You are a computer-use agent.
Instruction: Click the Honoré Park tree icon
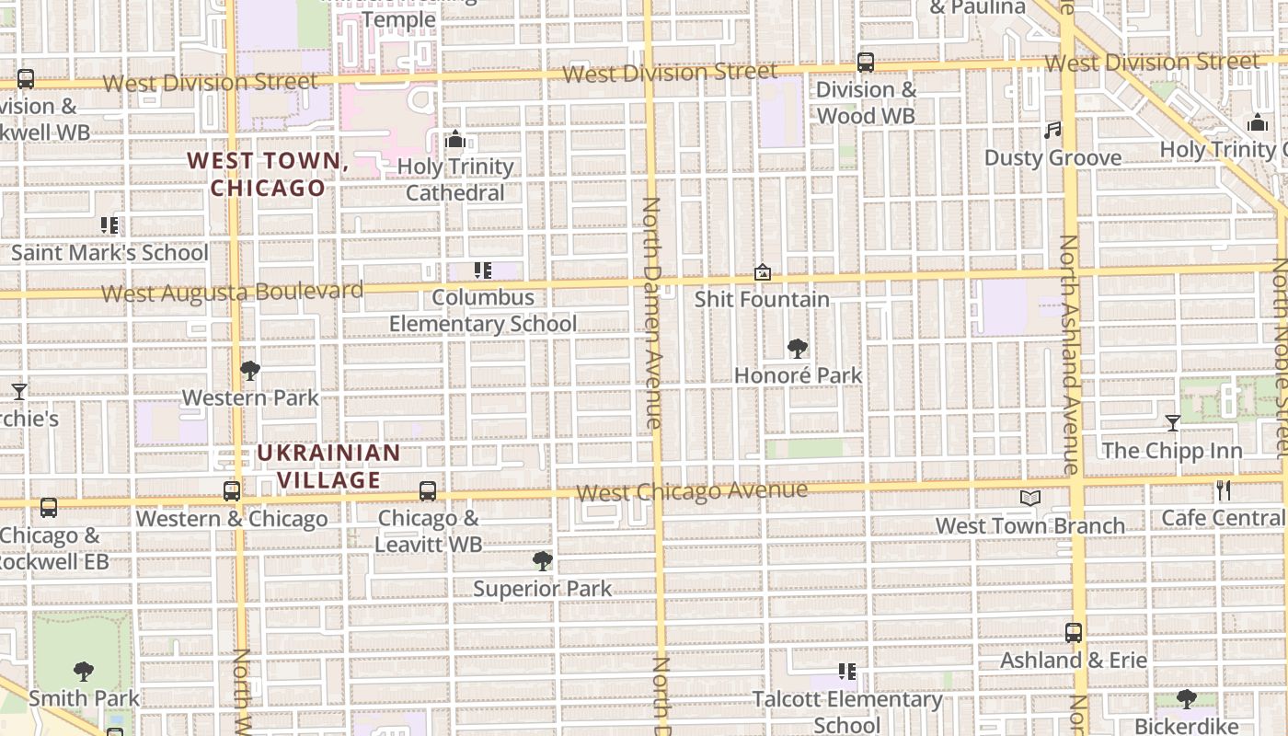pyautogui.click(x=798, y=349)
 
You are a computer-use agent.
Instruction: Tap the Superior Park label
pyautogui.click(x=542, y=589)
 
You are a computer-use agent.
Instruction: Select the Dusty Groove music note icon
pyautogui.click(x=1052, y=131)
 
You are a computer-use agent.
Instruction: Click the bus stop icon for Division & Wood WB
pyautogui.click(x=866, y=63)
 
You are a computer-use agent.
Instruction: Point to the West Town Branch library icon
pyautogui.click(x=1029, y=499)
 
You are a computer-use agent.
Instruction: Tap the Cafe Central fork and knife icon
pyautogui.click(x=1224, y=490)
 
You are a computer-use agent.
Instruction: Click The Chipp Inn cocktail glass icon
pyautogui.click(x=1173, y=423)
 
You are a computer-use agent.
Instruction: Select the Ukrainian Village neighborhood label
pyautogui.click(x=328, y=466)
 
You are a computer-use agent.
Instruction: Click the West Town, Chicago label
pyautogui.click(x=268, y=174)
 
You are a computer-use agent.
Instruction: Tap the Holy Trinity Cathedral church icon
pyautogui.click(x=454, y=140)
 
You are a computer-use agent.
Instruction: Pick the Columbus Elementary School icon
pyautogui.click(x=482, y=270)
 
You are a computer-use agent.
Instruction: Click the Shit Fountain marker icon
pyautogui.click(x=762, y=272)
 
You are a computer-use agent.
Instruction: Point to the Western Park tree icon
pyautogui.click(x=249, y=372)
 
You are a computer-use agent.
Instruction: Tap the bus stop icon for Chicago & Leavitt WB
pyautogui.click(x=428, y=491)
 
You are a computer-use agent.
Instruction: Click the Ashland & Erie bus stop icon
pyautogui.click(x=1074, y=633)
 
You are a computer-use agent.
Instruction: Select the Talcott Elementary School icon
pyautogui.click(x=847, y=673)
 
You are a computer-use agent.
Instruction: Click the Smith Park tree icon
pyautogui.click(x=84, y=672)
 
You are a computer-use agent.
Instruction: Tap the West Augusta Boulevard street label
pyautogui.click(x=232, y=293)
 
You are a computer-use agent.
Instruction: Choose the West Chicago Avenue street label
pyautogui.click(x=692, y=491)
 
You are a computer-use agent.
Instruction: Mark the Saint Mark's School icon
pyautogui.click(x=109, y=225)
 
